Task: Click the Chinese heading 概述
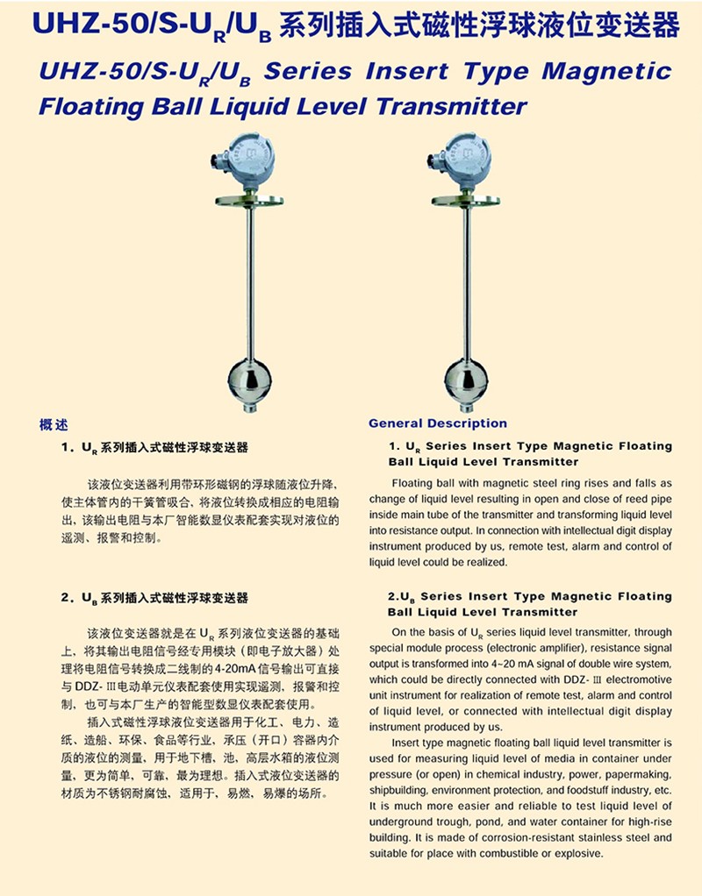(x=54, y=425)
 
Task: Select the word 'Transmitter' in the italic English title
(x=451, y=107)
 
